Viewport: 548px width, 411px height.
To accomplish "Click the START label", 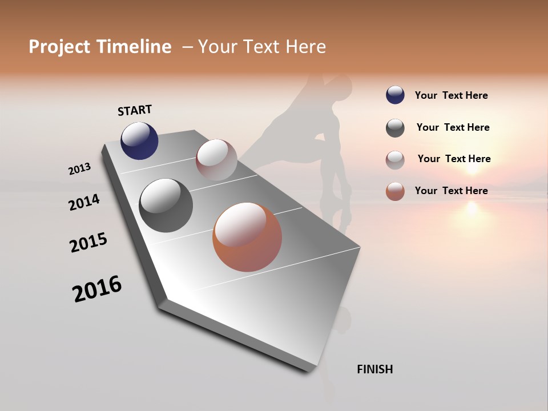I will (135, 110).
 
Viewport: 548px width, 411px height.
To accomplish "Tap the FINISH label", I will (374, 369).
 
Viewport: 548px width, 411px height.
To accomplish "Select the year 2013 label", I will (80, 169).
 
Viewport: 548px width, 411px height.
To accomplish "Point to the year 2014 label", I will (84, 202).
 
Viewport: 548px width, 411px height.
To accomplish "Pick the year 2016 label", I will (97, 289).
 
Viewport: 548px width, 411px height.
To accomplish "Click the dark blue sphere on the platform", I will (139, 141).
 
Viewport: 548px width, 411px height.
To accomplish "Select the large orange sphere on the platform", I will (247, 237).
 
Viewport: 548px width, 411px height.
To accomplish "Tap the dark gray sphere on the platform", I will (166, 205).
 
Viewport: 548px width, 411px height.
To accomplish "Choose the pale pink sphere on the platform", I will (216, 160).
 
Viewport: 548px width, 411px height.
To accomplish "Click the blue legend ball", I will (395, 95).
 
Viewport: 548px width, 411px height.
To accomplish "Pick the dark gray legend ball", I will (395, 128).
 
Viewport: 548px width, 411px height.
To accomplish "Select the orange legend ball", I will (395, 191).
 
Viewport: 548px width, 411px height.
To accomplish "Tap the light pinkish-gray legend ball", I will (395, 160).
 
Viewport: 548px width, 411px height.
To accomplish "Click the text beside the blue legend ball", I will (451, 96).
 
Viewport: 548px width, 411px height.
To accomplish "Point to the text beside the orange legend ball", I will (451, 191).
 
